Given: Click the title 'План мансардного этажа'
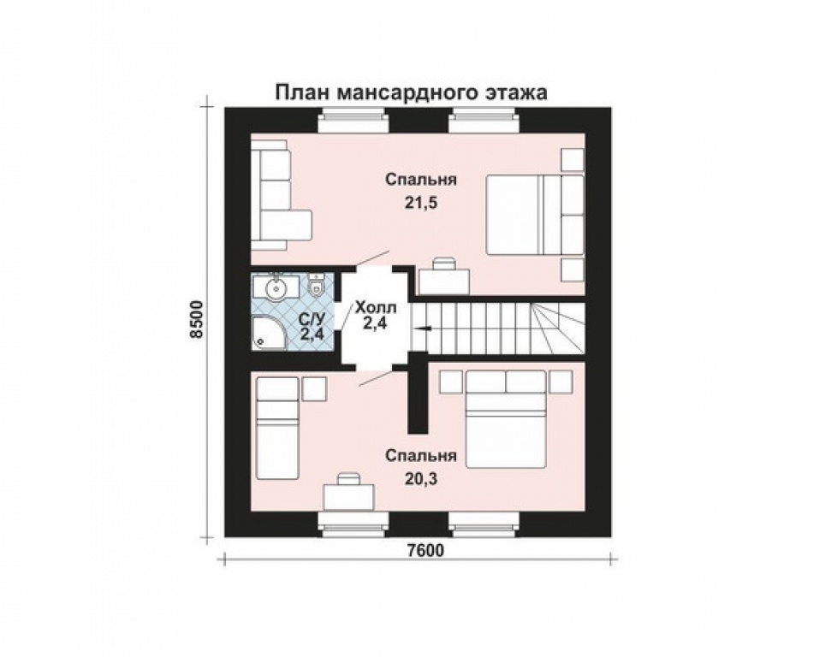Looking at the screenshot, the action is point(411,92).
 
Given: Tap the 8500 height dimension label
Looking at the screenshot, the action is point(198,319).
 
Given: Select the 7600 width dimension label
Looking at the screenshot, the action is point(424,550).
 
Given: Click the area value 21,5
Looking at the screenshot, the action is point(420,203).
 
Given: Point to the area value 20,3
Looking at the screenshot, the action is point(420,479).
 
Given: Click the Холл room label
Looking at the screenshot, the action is point(376,308).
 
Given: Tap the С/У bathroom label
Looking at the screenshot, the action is point(312,320).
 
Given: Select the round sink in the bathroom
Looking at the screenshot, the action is point(276,289).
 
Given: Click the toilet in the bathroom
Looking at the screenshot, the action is point(317,286).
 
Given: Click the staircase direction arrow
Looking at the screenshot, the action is point(420,328).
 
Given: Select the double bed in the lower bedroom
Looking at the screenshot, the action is point(506,418).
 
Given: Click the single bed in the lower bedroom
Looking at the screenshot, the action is point(277,428).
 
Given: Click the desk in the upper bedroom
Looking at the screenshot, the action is point(444,276).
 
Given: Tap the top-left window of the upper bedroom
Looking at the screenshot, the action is point(352,121).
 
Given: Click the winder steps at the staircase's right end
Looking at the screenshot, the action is point(558,328).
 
